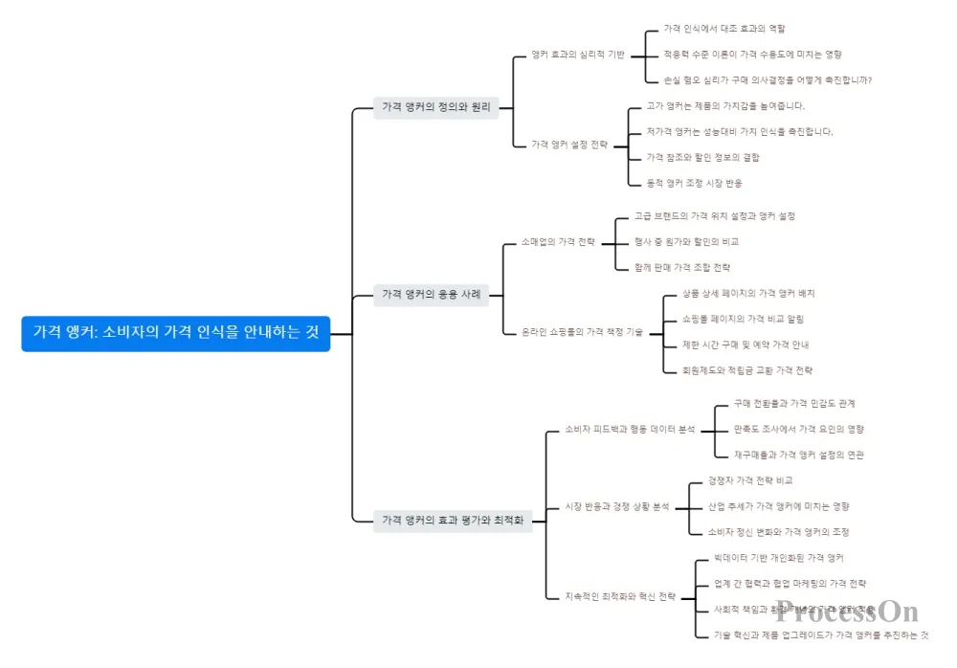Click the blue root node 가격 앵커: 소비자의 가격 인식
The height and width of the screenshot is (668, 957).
[176, 333]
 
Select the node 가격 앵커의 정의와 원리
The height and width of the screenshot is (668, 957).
[435, 107]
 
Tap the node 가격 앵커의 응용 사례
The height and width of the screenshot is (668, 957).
[432, 294]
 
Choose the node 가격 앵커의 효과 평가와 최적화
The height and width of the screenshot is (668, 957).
[453, 521]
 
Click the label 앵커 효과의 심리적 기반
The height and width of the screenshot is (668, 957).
[578, 55]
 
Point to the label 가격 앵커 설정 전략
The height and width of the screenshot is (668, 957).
[569, 145]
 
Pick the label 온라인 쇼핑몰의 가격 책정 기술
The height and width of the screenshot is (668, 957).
[582, 332]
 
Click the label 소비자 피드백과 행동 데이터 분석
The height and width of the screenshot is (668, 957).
[630, 430]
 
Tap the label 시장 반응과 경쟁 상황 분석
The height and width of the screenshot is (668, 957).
[616, 506]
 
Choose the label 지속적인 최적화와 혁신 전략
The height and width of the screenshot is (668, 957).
[620, 596]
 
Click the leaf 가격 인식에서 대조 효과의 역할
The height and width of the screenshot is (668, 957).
[724, 29]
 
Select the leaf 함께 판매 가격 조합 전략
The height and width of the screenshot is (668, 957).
[682, 267]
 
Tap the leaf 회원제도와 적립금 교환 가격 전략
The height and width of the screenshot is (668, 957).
[746, 369]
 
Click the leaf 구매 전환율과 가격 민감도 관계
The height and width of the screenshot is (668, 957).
[794, 403]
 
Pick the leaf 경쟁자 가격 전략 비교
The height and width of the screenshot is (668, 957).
[750, 480]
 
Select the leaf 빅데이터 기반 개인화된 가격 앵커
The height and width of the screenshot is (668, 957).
[779, 557]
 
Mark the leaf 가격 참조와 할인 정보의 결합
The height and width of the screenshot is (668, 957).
[702, 157]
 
